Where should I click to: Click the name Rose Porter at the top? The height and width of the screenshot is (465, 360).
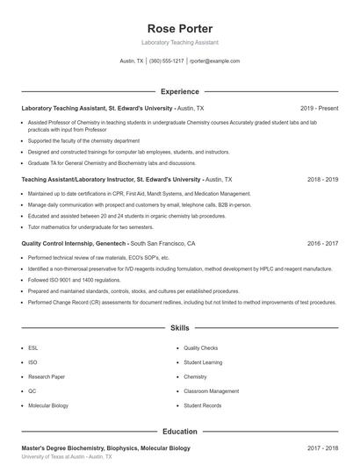pos(179,28)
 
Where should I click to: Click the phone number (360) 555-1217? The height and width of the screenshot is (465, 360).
pos(166,61)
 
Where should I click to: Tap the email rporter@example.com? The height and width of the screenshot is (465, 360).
pos(214,61)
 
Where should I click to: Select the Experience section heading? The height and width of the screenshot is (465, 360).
pos(179,91)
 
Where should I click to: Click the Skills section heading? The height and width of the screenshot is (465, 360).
pos(179,328)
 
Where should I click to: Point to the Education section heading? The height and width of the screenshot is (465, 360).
pos(179,432)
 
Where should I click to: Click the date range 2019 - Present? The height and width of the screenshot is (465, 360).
pos(319,108)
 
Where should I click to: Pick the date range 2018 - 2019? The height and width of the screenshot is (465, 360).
pos(322,179)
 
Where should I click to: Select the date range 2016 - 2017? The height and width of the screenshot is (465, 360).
pos(322,243)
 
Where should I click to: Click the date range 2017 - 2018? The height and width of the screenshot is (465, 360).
pos(322,448)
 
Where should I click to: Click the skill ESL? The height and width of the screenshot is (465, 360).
pos(32,347)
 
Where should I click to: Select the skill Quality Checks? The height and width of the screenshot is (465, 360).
pos(201,347)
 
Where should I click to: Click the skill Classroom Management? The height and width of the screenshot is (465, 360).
pos(211,391)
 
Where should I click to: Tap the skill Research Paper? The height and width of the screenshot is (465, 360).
pos(46,376)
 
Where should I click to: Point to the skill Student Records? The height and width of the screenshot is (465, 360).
pos(203,406)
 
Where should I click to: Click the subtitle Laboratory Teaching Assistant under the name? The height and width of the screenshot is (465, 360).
pos(179,42)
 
